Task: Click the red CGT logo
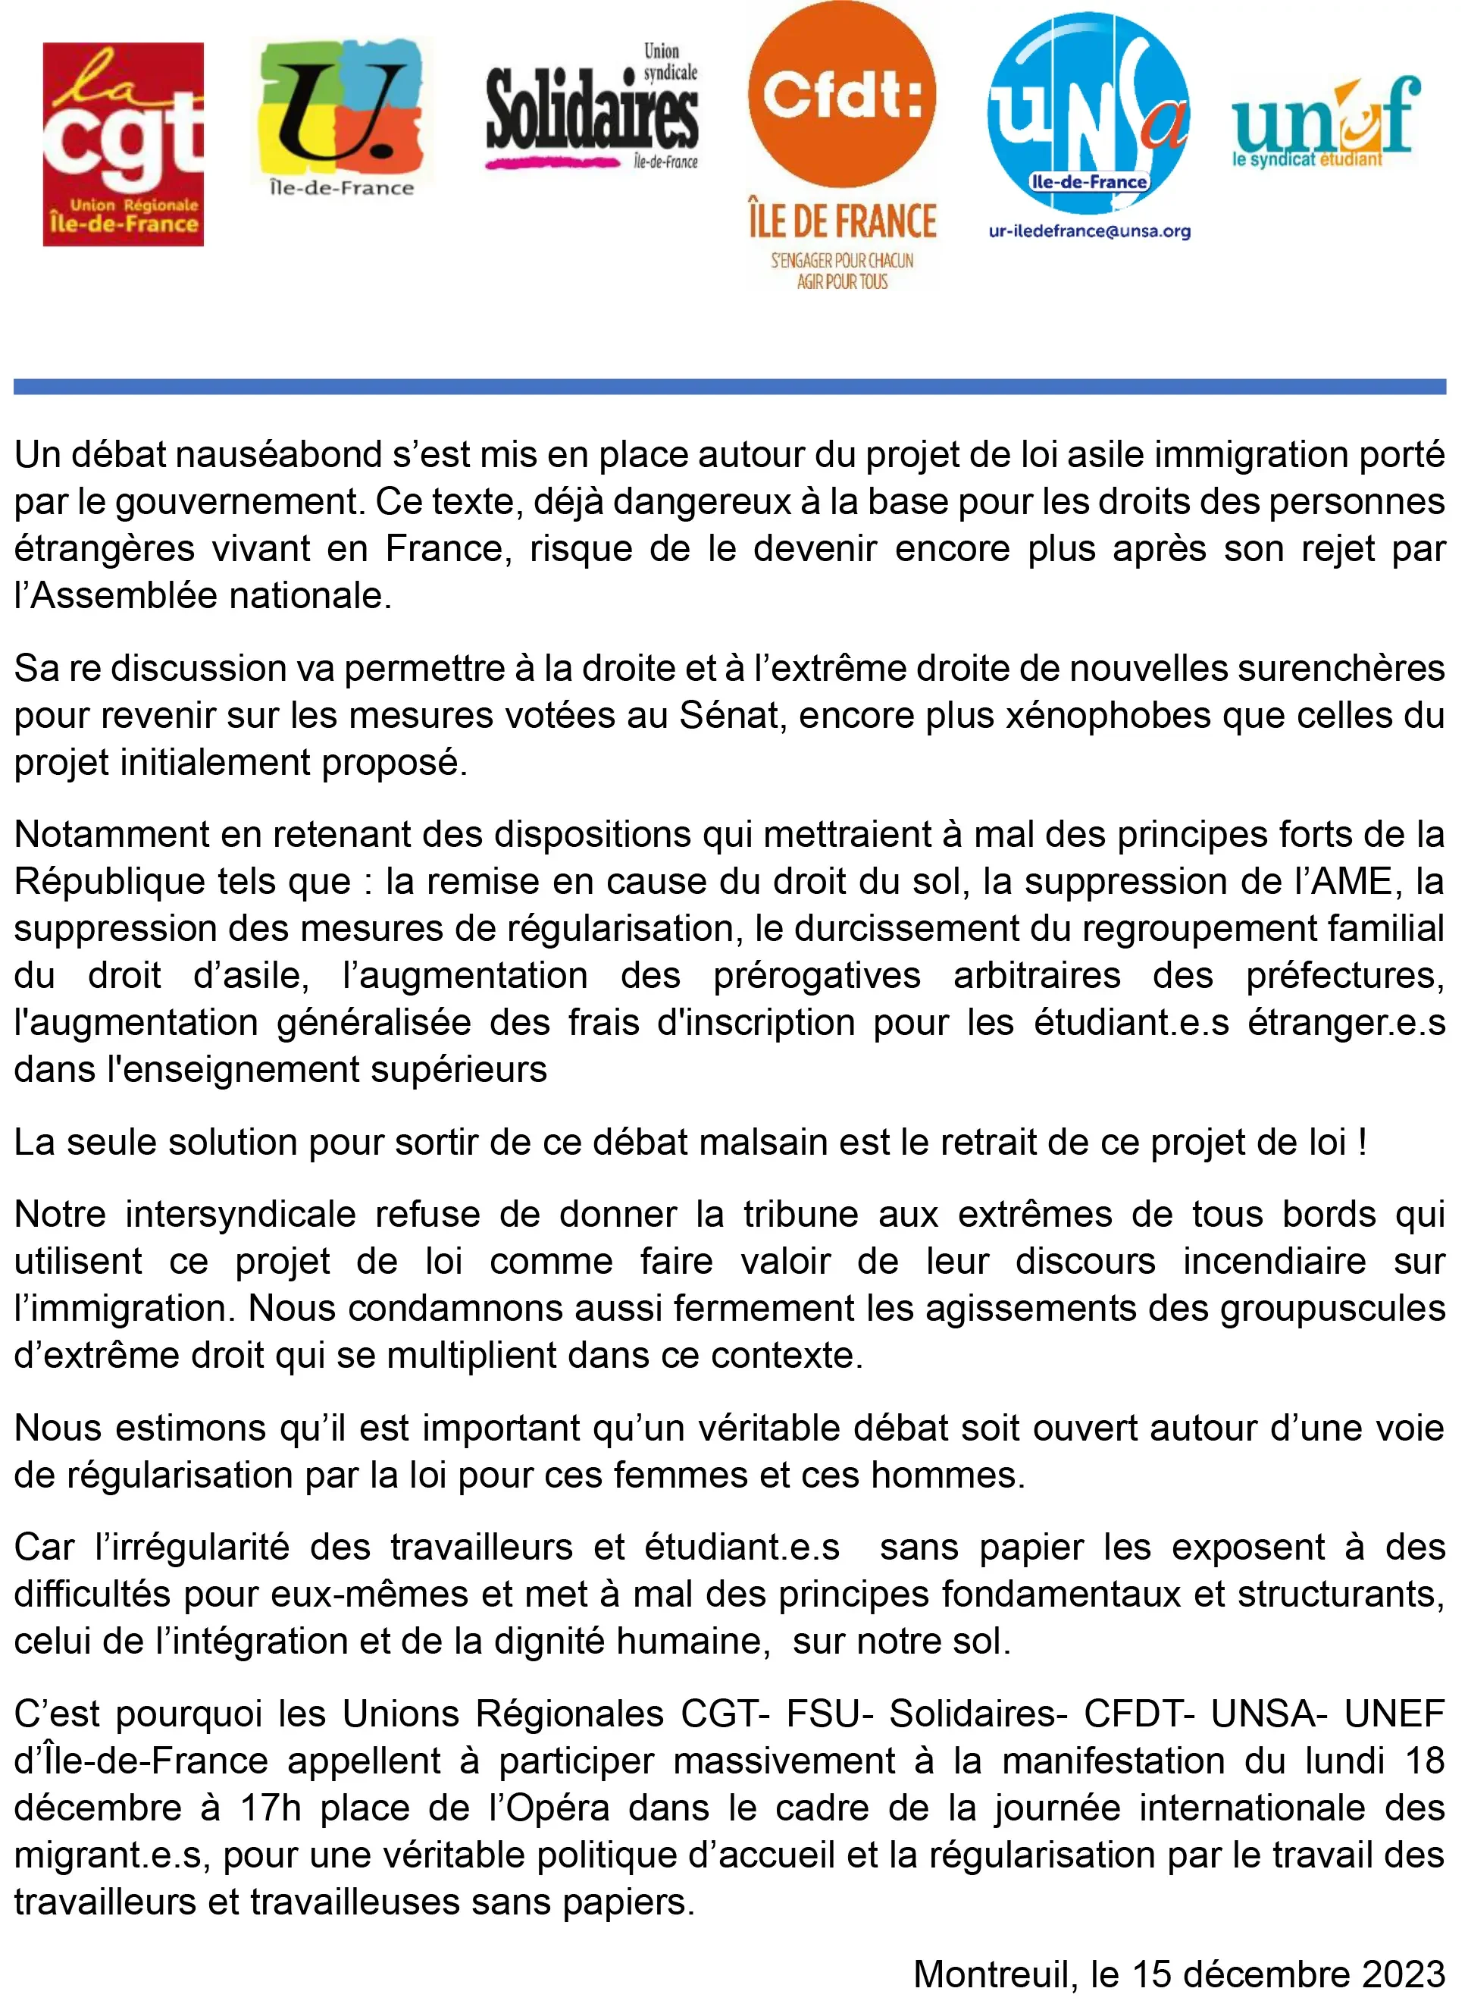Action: click(x=124, y=144)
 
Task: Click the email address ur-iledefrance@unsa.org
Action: click(x=1090, y=232)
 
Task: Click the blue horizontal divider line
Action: click(x=728, y=387)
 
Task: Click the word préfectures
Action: click(x=1344, y=976)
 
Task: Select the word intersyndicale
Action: click(x=240, y=1214)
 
